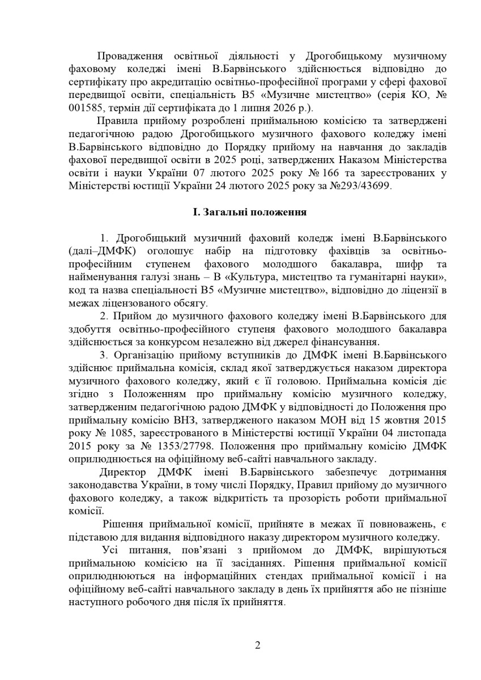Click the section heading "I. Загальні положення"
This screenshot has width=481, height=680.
tap(250, 212)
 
